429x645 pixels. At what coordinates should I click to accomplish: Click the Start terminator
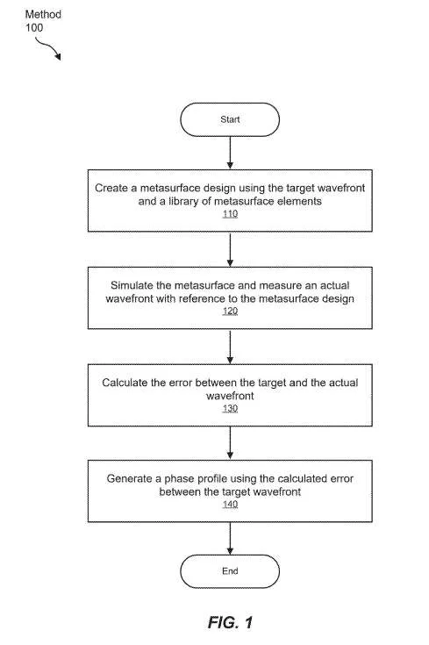(x=230, y=119)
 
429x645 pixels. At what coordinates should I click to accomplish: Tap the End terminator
(x=230, y=571)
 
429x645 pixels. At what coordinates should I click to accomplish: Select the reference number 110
(x=231, y=214)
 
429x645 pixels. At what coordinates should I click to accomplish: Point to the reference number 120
(x=231, y=311)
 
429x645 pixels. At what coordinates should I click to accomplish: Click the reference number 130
(x=231, y=408)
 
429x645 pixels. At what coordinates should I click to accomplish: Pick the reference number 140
(x=231, y=505)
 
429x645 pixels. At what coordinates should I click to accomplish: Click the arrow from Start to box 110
(x=230, y=153)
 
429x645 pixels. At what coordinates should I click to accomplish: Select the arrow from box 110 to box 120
(x=230, y=249)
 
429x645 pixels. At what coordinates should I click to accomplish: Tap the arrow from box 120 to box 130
(x=230, y=347)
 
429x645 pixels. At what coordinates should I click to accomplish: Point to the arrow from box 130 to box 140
(x=230, y=443)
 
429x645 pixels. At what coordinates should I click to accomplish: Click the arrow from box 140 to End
(x=230, y=539)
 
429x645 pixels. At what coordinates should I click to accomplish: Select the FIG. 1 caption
(x=231, y=622)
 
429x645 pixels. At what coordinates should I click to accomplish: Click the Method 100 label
(x=43, y=21)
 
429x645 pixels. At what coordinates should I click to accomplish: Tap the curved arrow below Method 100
(x=48, y=47)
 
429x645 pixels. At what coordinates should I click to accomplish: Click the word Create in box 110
(x=111, y=188)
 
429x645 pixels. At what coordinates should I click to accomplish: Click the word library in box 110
(x=183, y=202)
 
